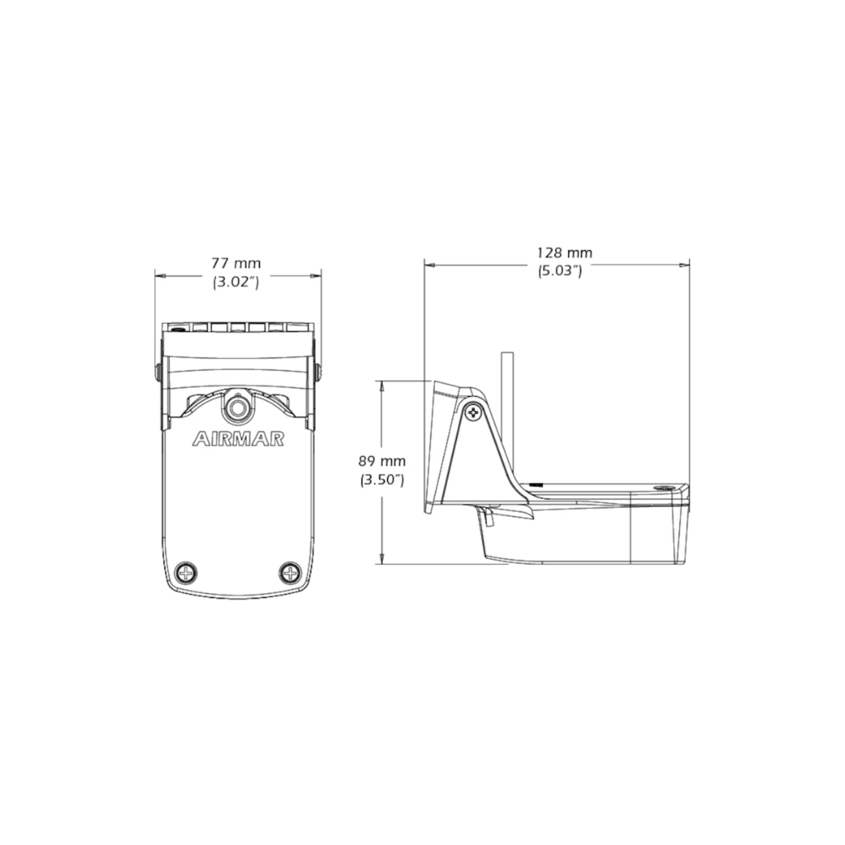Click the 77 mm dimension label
[x=236, y=264]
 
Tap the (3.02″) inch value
[x=236, y=282]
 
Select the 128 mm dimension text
[x=564, y=252]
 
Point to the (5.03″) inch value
[x=560, y=270]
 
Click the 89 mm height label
[x=382, y=462]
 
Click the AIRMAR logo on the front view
[x=238, y=439]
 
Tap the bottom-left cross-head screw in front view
[x=186, y=572]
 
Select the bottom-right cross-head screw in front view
[x=290, y=572]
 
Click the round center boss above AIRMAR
[x=236, y=408]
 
